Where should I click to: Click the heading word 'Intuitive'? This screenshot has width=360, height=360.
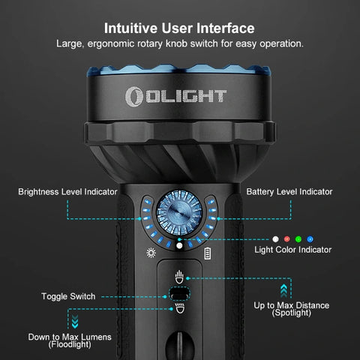(x=133, y=28)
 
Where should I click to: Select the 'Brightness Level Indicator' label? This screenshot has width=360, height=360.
(x=67, y=192)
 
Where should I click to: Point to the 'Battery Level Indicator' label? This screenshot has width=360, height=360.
(x=289, y=192)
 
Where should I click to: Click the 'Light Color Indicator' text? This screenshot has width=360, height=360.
(x=292, y=249)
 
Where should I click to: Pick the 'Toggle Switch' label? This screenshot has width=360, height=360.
(x=70, y=296)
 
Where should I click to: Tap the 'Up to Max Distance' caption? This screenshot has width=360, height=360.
(x=292, y=305)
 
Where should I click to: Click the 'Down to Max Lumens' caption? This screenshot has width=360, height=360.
(x=70, y=337)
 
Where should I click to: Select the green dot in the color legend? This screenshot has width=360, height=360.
(x=298, y=238)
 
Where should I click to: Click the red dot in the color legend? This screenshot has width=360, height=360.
(x=286, y=238)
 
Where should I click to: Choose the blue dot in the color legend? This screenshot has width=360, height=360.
(x=310, y=238)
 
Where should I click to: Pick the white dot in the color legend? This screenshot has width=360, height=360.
(x=275, y=238)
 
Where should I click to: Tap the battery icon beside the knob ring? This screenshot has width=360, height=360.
(x=208, y=253)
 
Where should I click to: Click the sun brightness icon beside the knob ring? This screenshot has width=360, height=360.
(x=151, y=253)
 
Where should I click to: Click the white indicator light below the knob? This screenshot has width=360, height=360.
(x=180, y=245)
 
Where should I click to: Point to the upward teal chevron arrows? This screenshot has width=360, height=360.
(x=283, y=289)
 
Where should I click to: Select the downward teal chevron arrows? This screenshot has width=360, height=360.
(x=75, y=322)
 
